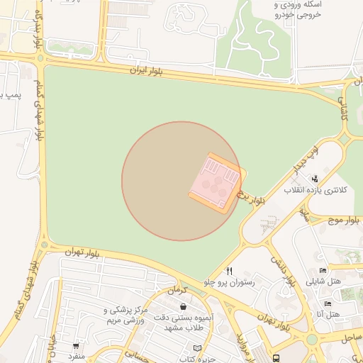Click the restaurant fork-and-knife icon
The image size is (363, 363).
229,271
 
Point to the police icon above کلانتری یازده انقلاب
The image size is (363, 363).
315,179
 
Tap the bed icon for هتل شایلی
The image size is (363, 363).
323,270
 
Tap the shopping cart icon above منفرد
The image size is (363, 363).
76,346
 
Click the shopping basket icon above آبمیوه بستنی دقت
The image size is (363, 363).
184,307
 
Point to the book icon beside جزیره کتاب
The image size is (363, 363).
197,348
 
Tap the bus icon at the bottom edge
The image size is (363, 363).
275,358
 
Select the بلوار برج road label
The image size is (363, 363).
252,198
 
